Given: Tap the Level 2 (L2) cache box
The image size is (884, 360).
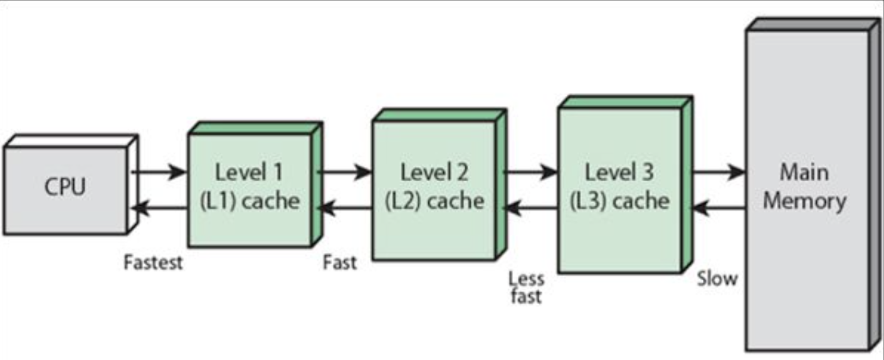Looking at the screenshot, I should click(x=434, y=188).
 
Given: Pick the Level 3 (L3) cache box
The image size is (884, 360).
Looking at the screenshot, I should click(x=619, y=188).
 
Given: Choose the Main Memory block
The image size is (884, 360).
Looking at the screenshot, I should click(x=805, y=188).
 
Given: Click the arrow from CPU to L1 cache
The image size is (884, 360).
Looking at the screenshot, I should click(x=159, y=171).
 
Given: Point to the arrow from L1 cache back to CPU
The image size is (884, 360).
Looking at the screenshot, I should click(x=159, y=208).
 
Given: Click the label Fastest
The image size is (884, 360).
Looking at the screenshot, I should click(x=154, y=262).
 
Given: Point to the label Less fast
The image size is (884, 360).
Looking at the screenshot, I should click(x=525, y=287).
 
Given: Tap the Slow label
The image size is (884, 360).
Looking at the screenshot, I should click(x=717, y=278).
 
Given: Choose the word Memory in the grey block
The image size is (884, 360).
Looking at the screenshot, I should click(x=804, y=202).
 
